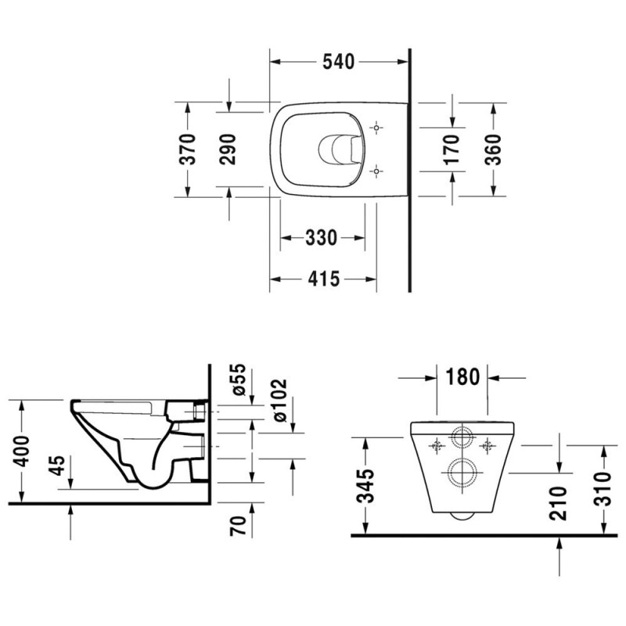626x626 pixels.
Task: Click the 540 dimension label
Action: tap(339, 62)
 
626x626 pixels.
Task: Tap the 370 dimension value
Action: tap(187, 149)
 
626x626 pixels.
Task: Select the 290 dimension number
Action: tap(228, 149)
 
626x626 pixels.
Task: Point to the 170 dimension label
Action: tap(452, 149)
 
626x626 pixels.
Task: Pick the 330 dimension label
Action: tap(322, 238)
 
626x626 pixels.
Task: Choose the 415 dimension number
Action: tap(323, 279)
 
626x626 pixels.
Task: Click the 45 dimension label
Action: tap(58, 466)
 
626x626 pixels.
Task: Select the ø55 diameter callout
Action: tap(239, 380)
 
